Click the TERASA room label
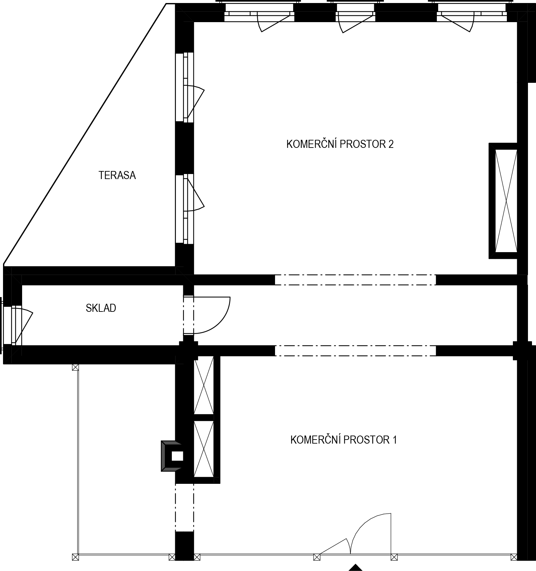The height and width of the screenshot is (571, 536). pos(117,175)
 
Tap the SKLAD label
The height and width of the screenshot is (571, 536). pos(101,308)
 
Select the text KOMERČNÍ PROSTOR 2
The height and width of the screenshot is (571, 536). pos(340,144)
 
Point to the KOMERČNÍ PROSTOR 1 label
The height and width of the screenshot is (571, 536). pos(344,440)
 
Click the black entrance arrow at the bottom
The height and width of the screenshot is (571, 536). pos(355,568)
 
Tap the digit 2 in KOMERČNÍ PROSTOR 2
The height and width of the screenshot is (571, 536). pos(391,144)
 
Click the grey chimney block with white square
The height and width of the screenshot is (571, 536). pos(172,456)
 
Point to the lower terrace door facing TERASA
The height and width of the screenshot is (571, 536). pos(188,209)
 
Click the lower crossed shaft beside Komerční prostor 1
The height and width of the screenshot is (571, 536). pos(204,449)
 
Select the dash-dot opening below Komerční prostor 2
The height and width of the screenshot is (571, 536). pos(355,280)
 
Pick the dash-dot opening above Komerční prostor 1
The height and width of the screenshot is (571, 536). pos(355,351)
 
